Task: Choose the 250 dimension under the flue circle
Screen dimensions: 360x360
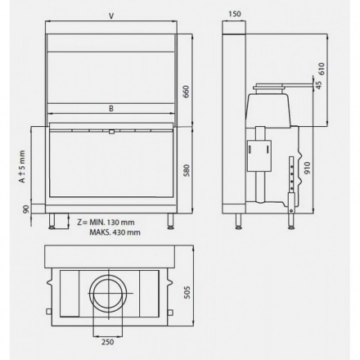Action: click(x=106, y=342)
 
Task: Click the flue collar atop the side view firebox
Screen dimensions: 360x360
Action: click(x=270, y=85)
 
